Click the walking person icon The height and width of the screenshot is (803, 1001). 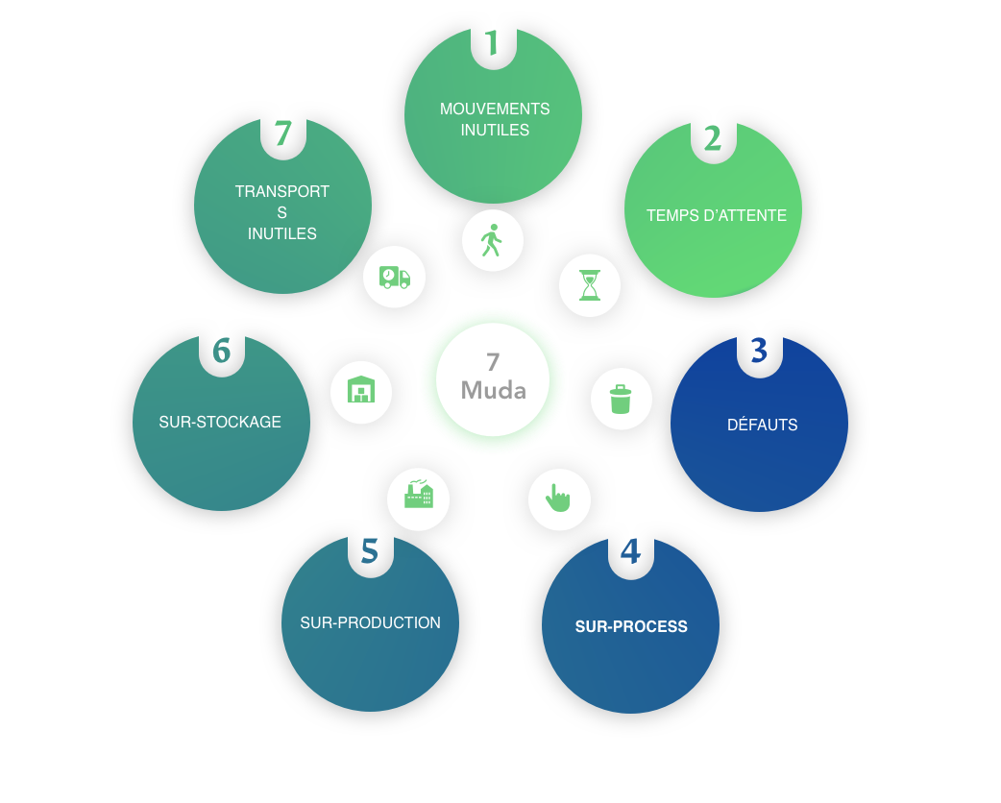pos(492,240)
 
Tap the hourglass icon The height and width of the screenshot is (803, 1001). pos(590,285)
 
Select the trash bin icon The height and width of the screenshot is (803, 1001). pos(621,399)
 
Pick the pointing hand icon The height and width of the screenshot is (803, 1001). pos(558,499)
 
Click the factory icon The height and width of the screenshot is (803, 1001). pos(418,496)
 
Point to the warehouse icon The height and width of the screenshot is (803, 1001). pos(361,390)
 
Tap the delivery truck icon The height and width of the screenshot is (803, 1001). pos(394,278)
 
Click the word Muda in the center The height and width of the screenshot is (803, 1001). pos(493,391)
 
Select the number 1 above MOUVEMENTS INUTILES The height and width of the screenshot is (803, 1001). pos(493,43)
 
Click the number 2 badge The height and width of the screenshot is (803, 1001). pos(712,139)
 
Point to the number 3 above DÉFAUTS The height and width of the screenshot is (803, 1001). pos(759,352)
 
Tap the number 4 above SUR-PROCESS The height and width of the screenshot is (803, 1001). pos(630,552)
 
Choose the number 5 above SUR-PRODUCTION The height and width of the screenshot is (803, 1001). pos(370,551)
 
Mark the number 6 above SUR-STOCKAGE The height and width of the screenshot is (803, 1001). pos(221,352)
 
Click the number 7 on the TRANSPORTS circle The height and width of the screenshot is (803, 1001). pos(282,134)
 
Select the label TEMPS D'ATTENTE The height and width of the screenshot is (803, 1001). pos(716,215)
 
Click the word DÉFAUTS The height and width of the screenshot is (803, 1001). pos(762,425)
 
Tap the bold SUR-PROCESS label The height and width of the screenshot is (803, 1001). pos(631,626)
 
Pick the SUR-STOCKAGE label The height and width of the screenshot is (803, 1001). pos(220,422)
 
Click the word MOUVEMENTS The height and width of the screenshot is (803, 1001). pos(495,109)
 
